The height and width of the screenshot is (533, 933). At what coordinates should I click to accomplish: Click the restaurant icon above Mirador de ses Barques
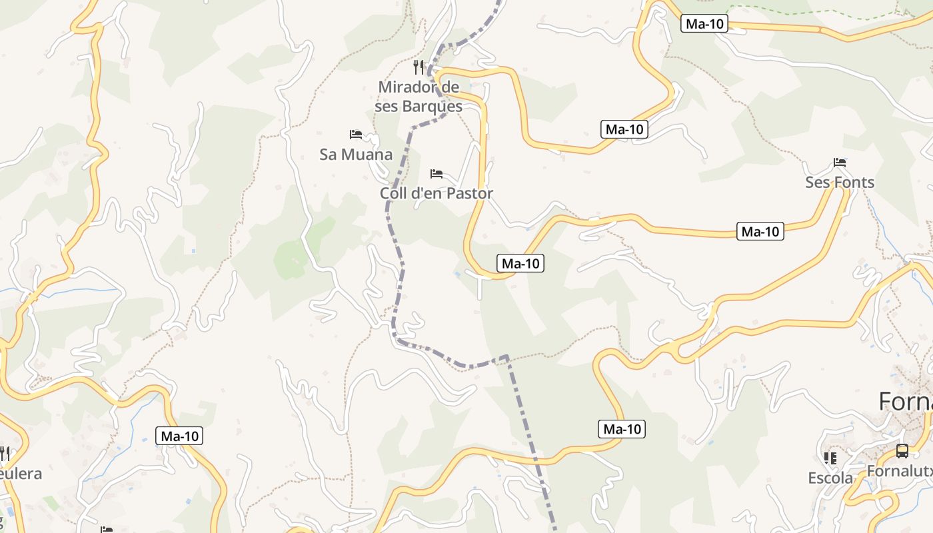coord(419,67)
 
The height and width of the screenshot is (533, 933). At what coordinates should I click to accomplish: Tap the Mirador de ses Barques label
coord(419,97)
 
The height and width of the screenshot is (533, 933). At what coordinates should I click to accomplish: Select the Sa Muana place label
coord(356,155)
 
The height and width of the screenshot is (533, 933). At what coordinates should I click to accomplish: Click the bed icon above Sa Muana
coord(356,135)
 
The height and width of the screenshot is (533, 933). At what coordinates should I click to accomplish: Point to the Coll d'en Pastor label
coord(437,193)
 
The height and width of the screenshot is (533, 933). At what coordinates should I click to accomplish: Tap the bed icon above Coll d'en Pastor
coord(437,174)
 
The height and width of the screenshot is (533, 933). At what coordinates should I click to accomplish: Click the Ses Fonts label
coord(840,182)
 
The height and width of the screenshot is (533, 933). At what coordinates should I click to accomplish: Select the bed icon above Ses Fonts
coord(840,163)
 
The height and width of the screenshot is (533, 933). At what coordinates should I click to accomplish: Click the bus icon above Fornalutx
coord(902,451)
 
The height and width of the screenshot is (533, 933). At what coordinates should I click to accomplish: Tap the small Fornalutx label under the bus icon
coord(899,471)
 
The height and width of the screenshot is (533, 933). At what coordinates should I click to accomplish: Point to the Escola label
coord(830,478)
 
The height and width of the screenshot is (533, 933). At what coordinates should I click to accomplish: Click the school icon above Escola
coord(830,458)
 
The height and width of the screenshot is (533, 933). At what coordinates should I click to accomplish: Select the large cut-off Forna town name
coord(906,402)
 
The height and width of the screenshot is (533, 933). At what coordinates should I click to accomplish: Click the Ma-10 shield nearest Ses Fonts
coord(760,231)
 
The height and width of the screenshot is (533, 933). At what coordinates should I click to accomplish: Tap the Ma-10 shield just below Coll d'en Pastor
coord(520,263)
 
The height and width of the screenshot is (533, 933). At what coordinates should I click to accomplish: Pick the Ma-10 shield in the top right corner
coord(704,24)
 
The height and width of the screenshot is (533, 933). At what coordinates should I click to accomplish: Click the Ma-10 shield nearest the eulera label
coord(179,436)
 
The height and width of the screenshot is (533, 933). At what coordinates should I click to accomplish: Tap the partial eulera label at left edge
coord(20,474)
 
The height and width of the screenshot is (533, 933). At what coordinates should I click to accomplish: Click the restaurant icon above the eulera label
coord(4,454)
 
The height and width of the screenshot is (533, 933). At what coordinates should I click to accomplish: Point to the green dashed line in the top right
coord(800,11)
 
